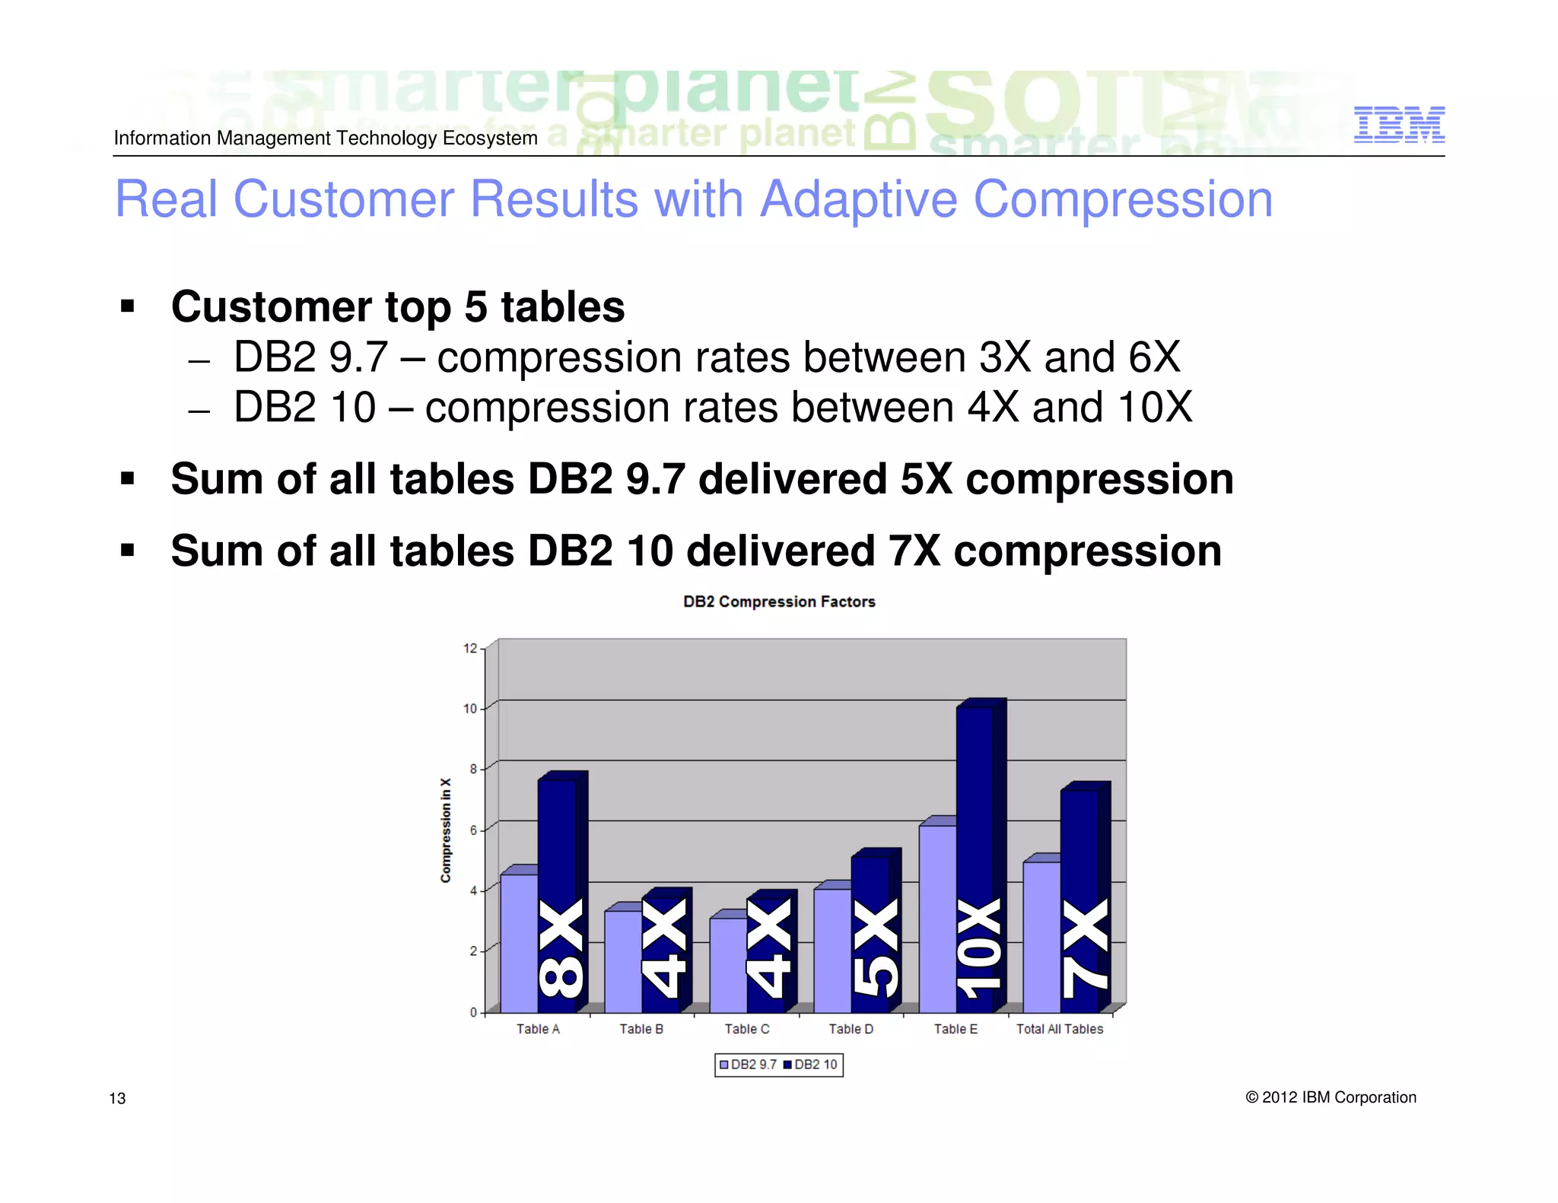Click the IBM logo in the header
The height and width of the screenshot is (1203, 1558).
coord(1398,125)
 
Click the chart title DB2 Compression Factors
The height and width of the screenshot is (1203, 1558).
coord(778,601)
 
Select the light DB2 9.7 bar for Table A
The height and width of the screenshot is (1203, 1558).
coord(519,943)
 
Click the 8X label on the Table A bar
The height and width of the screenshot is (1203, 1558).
coord(561,947)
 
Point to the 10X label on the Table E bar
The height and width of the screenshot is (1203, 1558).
coord(980,947)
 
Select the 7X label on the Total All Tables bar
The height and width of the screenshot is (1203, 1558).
coord(1085,947)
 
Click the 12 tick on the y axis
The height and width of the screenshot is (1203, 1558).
coord(469,649)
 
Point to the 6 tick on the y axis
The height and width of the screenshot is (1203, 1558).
coord(472,830)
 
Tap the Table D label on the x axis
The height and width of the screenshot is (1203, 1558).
coord(851,1029)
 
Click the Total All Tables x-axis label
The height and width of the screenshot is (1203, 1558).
coord(1059,1029)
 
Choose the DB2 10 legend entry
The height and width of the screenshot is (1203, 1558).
coord(811,1065)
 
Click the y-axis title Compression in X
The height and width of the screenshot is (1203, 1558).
coord(446,830)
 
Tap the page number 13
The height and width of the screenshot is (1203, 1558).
coord(117,1098)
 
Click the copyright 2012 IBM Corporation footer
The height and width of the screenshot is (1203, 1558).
coord(1331,1097)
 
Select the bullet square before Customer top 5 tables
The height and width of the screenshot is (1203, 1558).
coord(128,306)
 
